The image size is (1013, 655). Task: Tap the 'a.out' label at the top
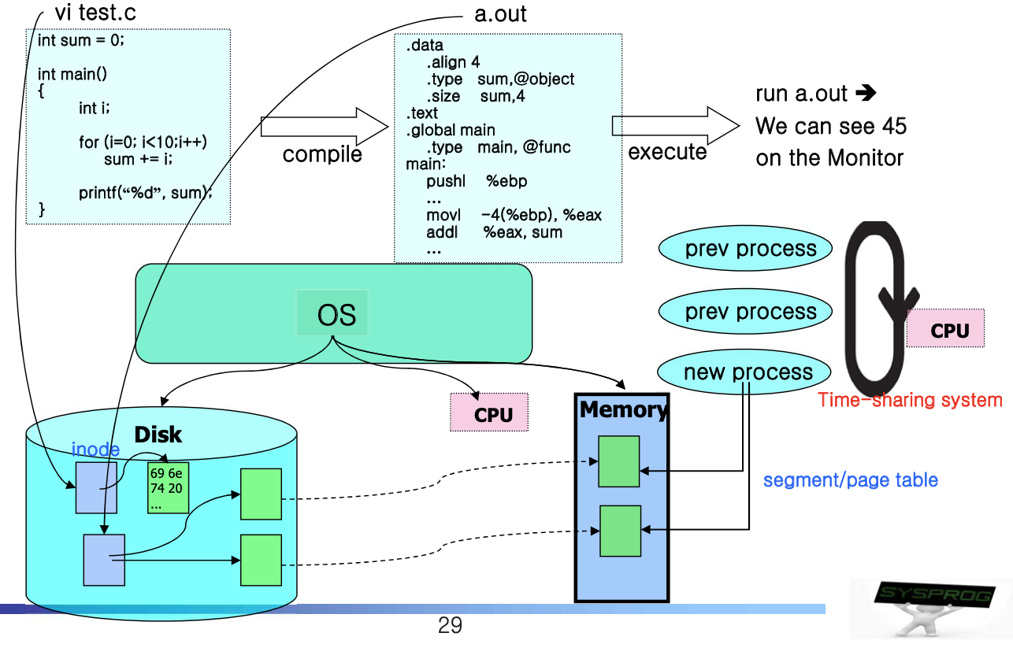click(x=500, y=14)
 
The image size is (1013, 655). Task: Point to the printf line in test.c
click(x=146, y=191)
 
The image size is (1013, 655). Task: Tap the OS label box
click(x=336, y=314)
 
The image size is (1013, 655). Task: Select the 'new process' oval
click(x=745, y=372)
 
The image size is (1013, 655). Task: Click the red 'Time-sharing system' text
click(x=910, y=400)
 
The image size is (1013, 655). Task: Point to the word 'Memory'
click(x=623, y=409)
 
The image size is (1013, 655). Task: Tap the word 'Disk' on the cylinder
click(x=158, y=435)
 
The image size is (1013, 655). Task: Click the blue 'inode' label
click(x=95, y=450)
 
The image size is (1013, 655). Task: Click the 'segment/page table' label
click(x=851, y=479)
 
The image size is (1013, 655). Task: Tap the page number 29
click(x=450, y=627)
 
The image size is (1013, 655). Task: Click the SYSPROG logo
click(x=931, y=608)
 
